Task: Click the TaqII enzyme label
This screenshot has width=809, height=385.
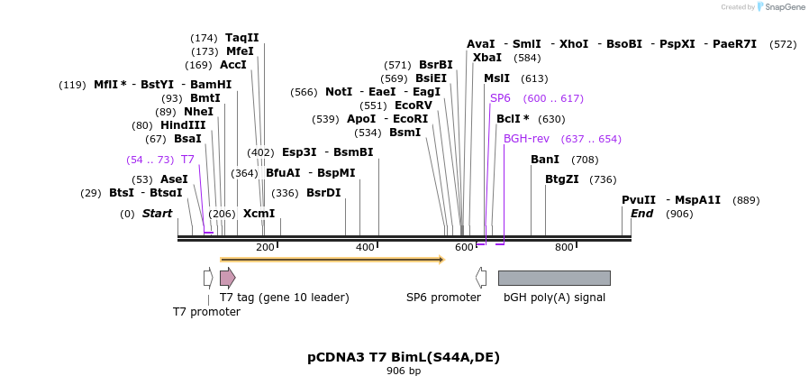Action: (241, 38)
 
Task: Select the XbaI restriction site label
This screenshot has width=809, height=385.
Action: (487, 58)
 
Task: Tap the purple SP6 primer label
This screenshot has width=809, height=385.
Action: (500, 98)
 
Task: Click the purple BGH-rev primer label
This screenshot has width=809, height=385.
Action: (526, 139)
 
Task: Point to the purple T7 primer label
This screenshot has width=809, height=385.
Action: (187, 160)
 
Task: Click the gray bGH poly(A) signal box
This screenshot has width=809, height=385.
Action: (554, 278)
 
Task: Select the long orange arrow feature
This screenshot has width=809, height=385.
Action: (332, 260)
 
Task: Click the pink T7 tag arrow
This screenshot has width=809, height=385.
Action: (227, 278)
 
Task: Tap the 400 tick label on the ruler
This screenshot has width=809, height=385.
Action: (365, 247)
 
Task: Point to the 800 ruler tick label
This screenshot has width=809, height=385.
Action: (564, 247)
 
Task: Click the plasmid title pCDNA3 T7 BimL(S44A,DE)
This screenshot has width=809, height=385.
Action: (404, 357)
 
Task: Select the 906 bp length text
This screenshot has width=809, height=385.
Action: (404, 371)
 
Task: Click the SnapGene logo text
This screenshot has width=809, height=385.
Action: (786, 7)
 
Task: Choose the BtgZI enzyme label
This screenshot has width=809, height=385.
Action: (562, 179)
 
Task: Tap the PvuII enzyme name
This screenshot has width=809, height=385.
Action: (639, 200)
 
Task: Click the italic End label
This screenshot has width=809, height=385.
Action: (641, 214)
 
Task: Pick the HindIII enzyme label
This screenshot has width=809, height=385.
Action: (183, 125)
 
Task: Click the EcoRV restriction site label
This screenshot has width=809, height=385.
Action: (414, 105)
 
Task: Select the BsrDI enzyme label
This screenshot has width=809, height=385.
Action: (323, 193)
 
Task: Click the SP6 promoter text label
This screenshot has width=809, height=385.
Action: (443, 298)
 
